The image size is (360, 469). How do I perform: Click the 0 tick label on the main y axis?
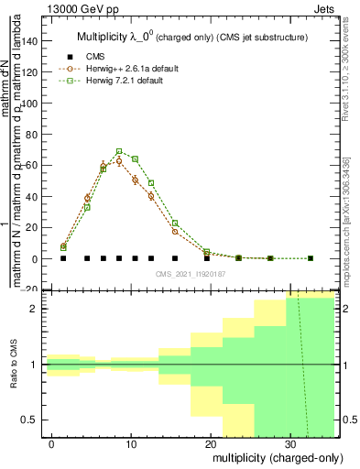(35, 259)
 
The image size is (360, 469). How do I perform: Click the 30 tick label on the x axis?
(289, 443)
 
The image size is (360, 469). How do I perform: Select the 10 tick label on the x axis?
(132, 443)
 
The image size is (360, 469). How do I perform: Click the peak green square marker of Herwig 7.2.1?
(119, 151)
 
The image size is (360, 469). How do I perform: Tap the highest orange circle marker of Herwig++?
(119, 160)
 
